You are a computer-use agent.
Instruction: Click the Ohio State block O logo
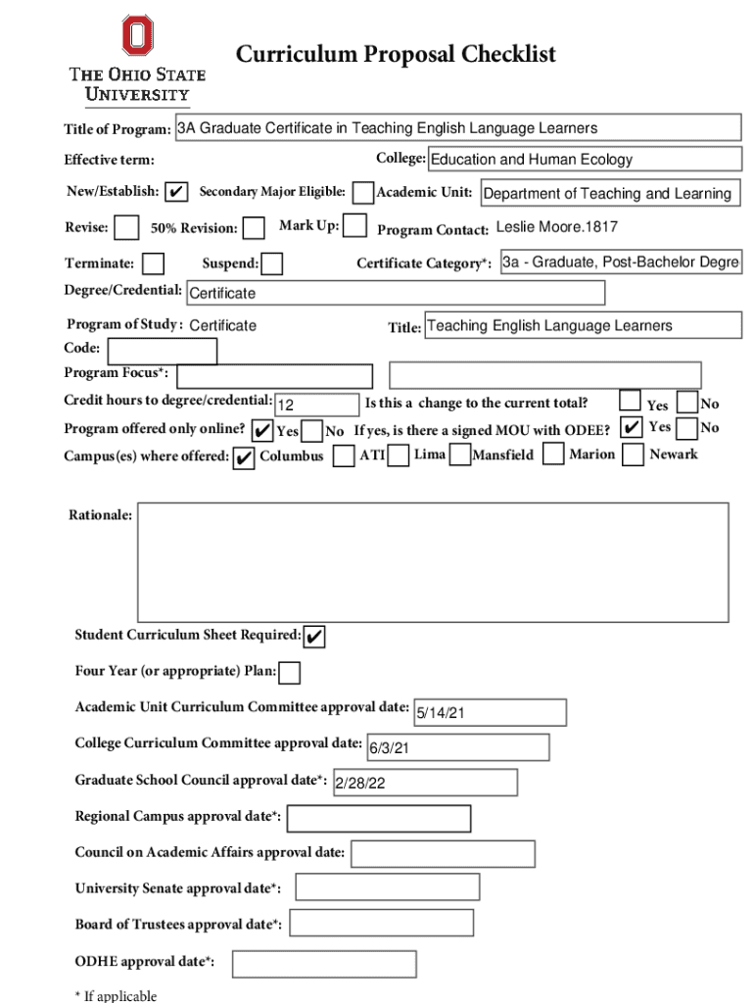[x=137, y=35]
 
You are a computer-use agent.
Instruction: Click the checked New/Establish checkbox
[x=176, y=192]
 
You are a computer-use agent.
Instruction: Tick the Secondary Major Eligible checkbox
[x=362, y=192]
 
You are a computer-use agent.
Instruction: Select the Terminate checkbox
[x=153, y=263]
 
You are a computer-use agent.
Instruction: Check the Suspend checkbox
[x=272, y=263]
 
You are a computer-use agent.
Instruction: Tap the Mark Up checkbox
[x=355, y=227]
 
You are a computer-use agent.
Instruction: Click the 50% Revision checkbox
[x=254, y=228]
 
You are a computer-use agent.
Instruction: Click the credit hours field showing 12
[x=317, y=405]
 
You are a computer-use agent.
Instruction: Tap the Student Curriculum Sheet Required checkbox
[x=314, y=637]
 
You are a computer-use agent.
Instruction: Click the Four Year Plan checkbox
[x=290, y=673]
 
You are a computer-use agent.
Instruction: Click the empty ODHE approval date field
[x=324, y=964]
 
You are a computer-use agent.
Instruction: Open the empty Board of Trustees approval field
[x=381, y=923]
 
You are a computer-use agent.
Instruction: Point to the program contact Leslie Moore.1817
[x=556, y=228]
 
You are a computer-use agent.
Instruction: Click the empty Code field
[x=162, y=351]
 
